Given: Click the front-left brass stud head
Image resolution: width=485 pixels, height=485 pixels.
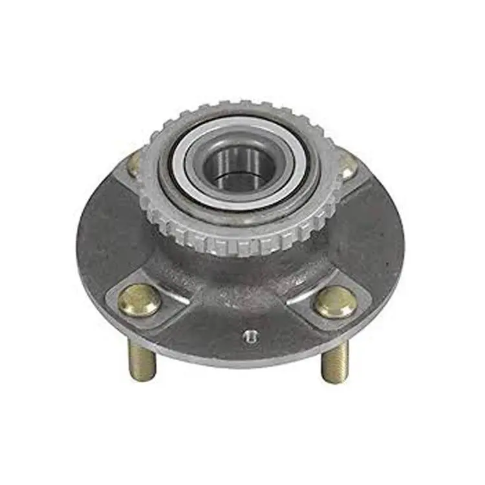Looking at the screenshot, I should [139, 299].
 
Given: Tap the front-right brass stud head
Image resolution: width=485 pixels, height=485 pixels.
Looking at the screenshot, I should [335, 301].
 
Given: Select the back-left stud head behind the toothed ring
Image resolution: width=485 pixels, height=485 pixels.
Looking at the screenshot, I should [135, 163].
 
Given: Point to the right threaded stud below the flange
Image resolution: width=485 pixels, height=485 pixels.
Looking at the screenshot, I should [336, 363].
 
